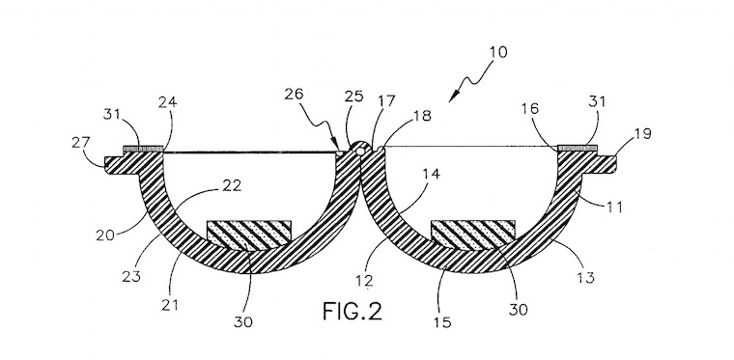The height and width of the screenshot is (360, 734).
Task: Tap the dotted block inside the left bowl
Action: click(x=249, y=233)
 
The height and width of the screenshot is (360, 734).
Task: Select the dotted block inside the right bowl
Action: click(x=473, y=233)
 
